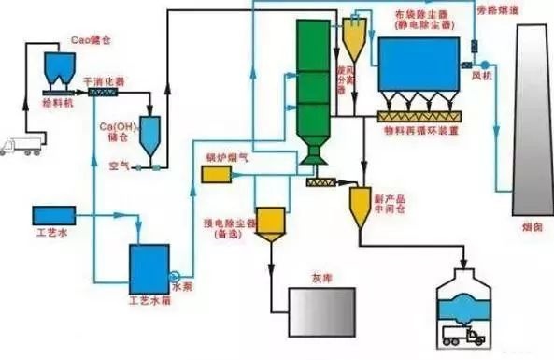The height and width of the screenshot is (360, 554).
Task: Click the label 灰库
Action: coord(320,278)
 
